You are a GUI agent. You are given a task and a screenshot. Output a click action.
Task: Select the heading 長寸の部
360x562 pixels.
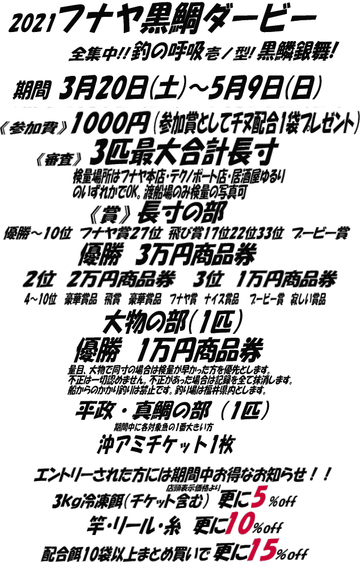(183, 212)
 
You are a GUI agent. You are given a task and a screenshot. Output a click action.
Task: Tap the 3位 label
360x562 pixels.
(209, 279)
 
